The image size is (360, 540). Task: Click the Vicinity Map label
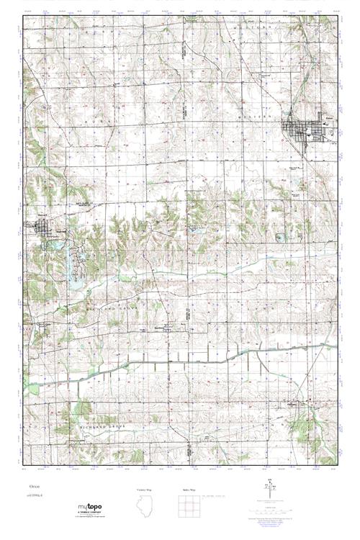pyautogui.click(x=144, y=489)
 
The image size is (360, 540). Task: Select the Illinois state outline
pyautogui.click(x=144, y=508)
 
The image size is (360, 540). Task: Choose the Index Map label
pyautogui.click(x=186, y=489)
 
